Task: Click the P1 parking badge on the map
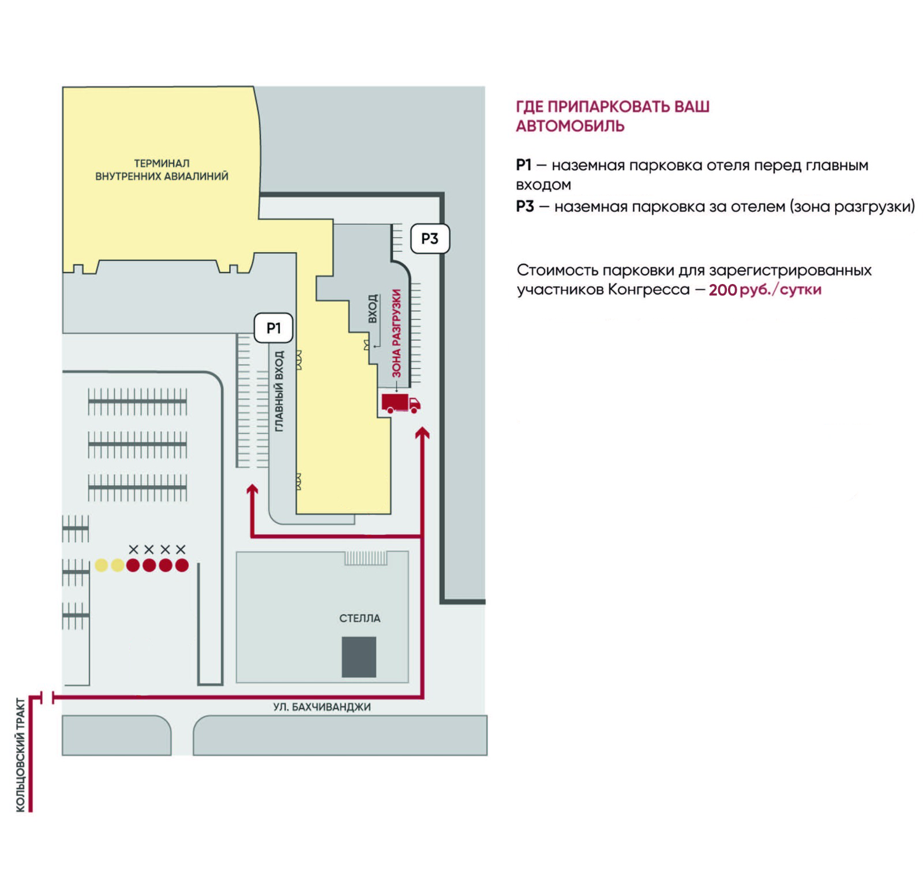click(x=273, y=328)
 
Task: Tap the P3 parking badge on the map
click(x=430, y=238)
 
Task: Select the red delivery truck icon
click(x=400, y=403)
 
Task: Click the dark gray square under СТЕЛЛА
click(x=359, y=657)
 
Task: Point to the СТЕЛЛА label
click(x=359, y=618)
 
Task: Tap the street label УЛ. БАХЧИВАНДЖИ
click(x=322, y=707)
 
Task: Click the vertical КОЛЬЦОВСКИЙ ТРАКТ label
click(x=21, y=755)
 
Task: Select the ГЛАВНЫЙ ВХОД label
click(x=279, y=391)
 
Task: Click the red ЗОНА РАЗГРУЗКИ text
click(x=396, y=334)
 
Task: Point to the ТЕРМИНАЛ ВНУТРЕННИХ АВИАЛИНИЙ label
click(x=162, y=170)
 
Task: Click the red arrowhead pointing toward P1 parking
click(x=252, y=490)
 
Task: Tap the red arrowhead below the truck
click(x=423, y=433)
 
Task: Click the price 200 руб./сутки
click(x=764, y=289)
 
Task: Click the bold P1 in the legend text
click(x=523, y=165)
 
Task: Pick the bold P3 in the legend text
click(x=524, y=206)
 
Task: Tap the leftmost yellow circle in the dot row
click(x=102, y=565)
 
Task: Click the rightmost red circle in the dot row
click(x=182, y=565)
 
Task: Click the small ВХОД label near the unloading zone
click(x=373, y=308)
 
